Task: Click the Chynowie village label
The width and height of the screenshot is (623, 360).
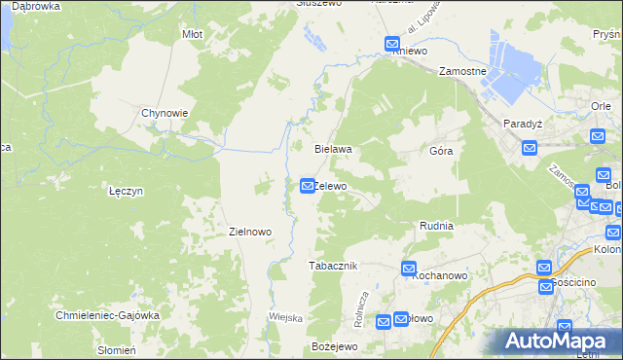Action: (x=165, y=113)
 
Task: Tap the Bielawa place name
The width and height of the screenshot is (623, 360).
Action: (x=332, y=150)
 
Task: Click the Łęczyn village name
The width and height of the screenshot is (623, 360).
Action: (x=127, y=192)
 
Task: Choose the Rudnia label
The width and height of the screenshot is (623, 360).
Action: (x=436, y=226)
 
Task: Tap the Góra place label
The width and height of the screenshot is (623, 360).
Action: (x=441, y=152)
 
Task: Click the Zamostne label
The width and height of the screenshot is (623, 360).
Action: (x=461, y=72)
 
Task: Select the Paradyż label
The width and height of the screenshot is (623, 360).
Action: (x=522, y=125)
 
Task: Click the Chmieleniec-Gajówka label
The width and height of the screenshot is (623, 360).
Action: (x=107, y=315)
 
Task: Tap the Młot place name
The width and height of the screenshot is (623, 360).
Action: (x=192, y=34)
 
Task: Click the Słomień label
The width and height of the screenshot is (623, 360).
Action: (x=116, y=350)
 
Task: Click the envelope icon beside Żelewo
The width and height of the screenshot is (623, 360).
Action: (x=307, y=185)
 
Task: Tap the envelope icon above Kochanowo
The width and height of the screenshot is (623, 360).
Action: (x=408, y=268)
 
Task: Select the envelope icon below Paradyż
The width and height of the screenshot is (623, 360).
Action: (x=530, y=148)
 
